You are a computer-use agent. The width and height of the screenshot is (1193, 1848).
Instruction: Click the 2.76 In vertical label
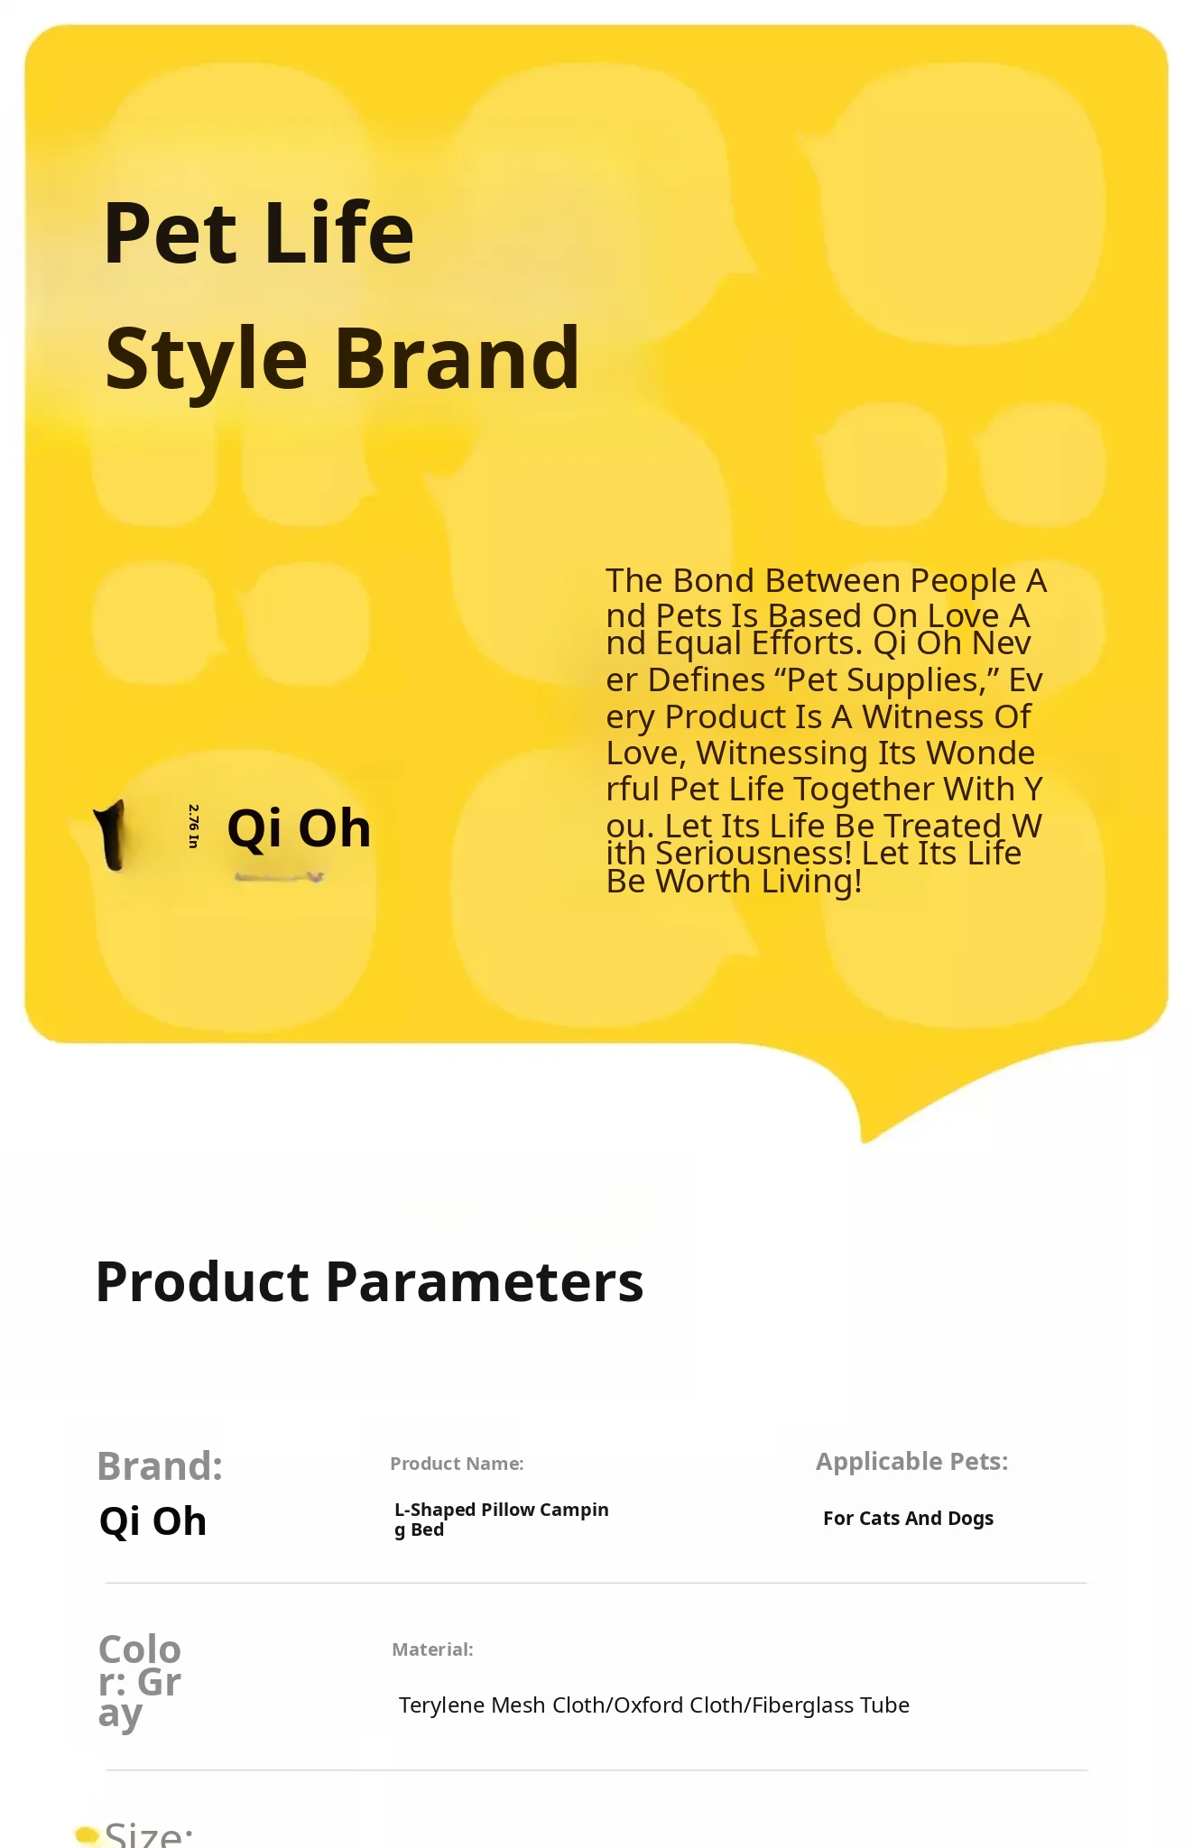coord(193,826)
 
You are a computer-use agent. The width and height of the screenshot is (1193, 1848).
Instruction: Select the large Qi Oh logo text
coord(299,828)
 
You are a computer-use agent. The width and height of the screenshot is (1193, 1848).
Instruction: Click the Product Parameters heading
coord(369,1281)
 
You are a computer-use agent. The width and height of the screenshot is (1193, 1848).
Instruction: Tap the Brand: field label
coord(160,1465)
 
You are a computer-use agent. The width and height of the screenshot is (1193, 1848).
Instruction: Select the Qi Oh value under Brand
coord(153,1521)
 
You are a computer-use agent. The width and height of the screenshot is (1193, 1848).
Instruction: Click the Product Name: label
coord(457,1464)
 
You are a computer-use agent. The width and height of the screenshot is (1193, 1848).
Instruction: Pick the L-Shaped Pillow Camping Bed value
coord(502,1520)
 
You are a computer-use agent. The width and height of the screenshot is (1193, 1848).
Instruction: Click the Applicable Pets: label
coord(912,1462)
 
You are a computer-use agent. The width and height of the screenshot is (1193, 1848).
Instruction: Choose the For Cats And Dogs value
coord(908,1519)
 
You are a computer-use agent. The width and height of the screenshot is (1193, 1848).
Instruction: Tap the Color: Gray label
coord(140,1682)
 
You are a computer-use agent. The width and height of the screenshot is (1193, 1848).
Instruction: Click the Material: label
coord(432,1649)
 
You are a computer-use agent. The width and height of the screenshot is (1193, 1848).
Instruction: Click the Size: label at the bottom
coord(149,1835)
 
